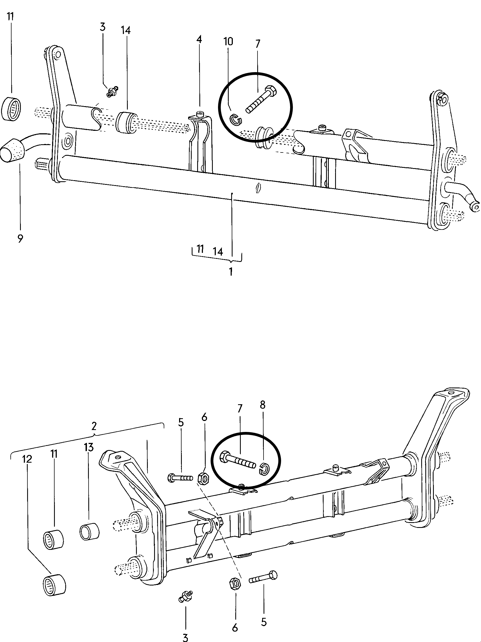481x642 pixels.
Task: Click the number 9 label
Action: (x=20, y=239)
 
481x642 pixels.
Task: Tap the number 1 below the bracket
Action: (x=231, y=272)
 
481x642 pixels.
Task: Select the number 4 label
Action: (x=199, y=39)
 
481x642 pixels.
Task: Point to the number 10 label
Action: (x=228, y=41)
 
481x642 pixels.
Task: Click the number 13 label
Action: (x=89, y=447)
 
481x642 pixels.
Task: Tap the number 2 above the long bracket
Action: (x=94, y=426)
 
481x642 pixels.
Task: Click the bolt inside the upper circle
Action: (x=261, y=99)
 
